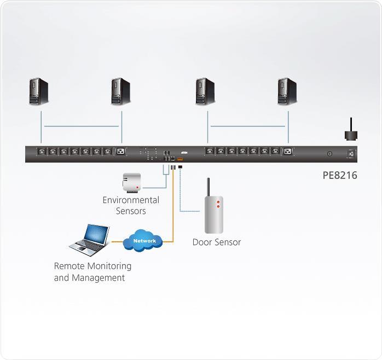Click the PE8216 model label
point(339,176)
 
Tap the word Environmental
point(131,200)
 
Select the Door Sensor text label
point(216,242)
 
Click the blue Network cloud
point(144,241)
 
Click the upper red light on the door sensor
point(218,202)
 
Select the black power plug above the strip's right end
point(350,135)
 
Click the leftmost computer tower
point(39,91)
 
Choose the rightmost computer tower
point(287,91)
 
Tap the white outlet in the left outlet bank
point(120,152)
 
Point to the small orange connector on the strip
point(180,159)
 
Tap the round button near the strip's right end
point(329,154)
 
